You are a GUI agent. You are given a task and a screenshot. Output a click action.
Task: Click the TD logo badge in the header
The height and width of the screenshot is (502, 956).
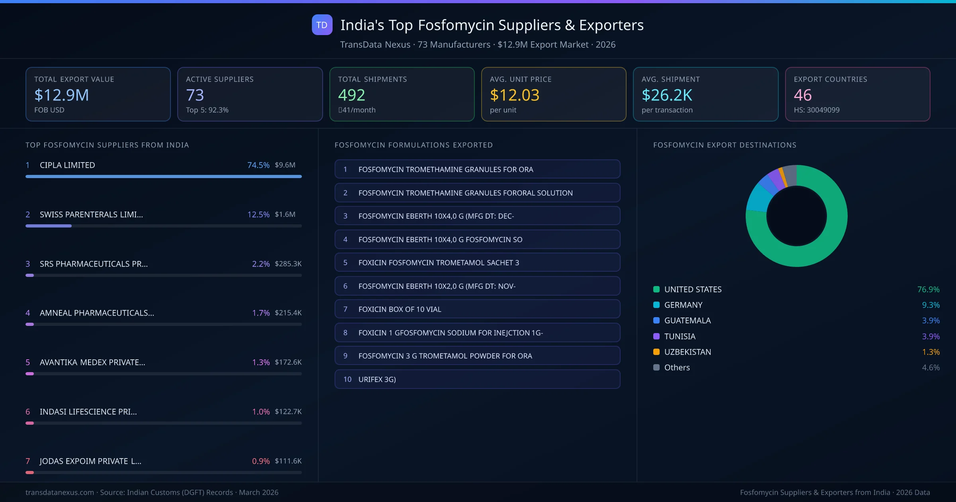(x=322, y=25)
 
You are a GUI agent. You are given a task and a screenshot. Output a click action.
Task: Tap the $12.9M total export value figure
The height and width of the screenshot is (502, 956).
(x=61, y=95)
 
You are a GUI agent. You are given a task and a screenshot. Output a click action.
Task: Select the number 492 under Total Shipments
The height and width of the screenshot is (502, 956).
(x=351, y=95)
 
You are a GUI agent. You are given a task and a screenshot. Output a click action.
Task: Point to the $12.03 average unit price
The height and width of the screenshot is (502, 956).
(x=514, y=95)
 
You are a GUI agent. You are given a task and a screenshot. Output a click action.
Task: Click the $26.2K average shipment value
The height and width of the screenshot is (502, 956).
(x=667, y=95)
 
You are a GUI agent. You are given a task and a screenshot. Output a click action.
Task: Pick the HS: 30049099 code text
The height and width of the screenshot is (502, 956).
(x=816, y=110)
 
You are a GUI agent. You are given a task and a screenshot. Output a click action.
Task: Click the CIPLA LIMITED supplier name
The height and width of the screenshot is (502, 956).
(x=67, y=165)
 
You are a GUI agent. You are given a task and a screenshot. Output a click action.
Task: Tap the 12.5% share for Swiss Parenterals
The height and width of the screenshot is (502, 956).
(x=258, y=214)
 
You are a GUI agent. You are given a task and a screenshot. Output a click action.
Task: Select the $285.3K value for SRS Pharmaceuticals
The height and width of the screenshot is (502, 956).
(x=288, y=264)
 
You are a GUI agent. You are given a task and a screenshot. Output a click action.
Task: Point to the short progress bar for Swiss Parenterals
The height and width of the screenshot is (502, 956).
(x=49, y=226)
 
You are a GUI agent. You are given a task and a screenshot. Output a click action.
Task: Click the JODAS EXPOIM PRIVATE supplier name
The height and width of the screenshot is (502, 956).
(x=90, y=461)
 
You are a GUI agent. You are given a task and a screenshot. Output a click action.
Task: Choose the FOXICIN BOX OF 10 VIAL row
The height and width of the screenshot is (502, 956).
(x=477, y=309)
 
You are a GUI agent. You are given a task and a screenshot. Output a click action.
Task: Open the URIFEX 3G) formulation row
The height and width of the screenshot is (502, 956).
(x=477, y=379)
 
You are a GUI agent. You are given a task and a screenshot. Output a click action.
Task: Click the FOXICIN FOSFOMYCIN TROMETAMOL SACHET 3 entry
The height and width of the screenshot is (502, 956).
(x=477, y=263)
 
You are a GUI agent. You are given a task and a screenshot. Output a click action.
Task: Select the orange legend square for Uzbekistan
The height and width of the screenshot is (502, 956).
(x=656, y=352)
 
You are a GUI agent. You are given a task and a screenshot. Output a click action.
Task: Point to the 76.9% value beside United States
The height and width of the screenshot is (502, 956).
(x=928, y=289)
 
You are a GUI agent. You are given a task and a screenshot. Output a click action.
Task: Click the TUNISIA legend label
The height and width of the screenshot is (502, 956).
(x=680, y=336)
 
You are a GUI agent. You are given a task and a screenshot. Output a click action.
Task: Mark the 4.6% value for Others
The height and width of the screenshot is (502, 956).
(x=931, y=367)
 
